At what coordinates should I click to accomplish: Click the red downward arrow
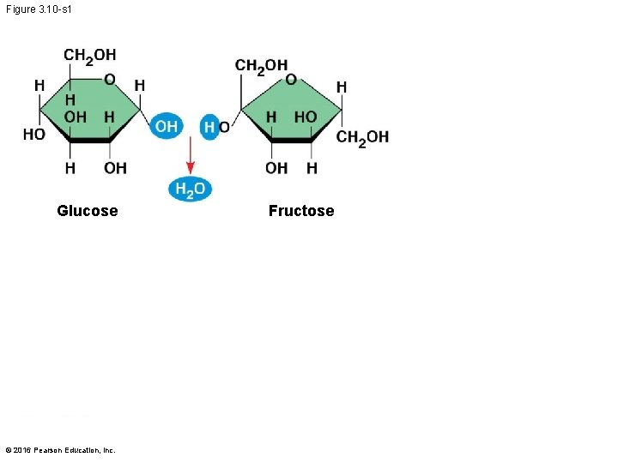coord(191,157)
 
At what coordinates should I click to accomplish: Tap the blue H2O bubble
coord(190,189)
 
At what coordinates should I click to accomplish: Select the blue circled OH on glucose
coord(166,127)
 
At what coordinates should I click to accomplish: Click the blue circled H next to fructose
coord(209,128)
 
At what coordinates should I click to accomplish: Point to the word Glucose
coord(87,211)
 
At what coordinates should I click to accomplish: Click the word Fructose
coord(301,211)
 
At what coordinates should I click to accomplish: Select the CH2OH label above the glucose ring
coord(89,57)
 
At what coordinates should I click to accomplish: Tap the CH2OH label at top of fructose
coord(261,66)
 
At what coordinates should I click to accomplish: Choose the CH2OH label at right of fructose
coord(362,137)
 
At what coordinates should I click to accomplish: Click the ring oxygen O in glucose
coord(110,80)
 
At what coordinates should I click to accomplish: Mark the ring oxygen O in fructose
coord(291,80)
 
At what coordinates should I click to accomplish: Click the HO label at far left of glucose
coord(34,135)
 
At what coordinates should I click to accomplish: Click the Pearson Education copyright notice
coord(60,450)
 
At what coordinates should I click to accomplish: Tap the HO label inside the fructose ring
coord(305,117)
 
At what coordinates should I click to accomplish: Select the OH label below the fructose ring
coord(276,168)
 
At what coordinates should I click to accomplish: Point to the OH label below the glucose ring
coord(115,168)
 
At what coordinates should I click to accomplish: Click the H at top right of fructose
coord(342,87)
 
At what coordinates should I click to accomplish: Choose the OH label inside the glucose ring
coord(76,117)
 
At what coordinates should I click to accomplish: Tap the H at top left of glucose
coord(39,86)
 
